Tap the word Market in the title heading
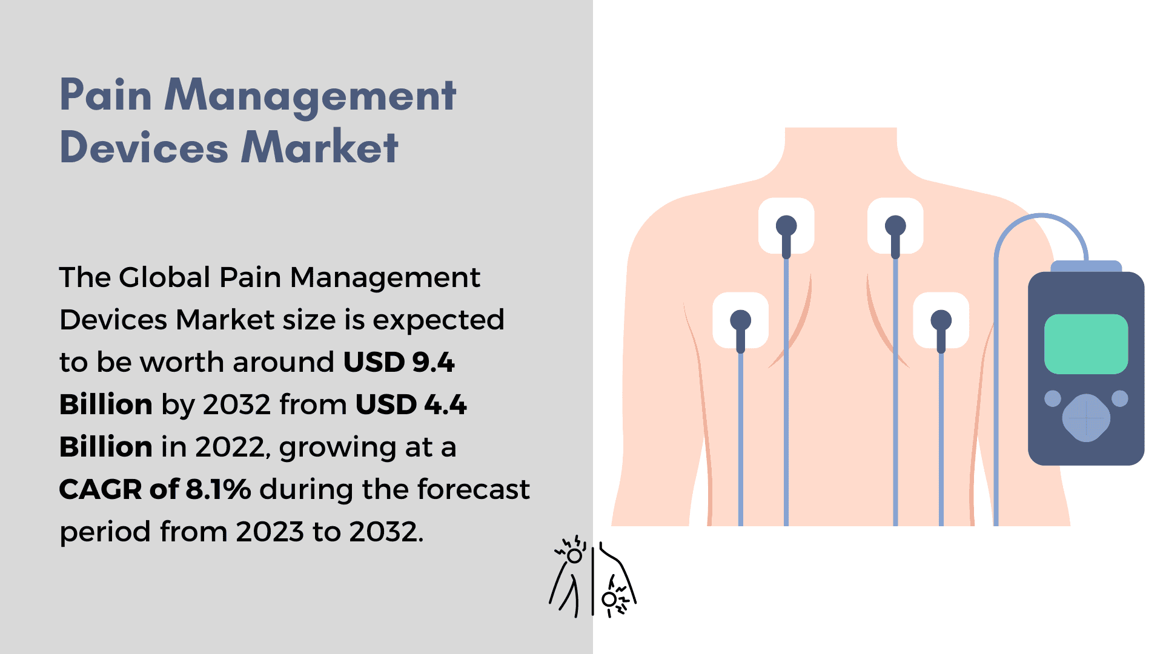320,147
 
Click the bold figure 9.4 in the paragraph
433,362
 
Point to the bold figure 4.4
445,405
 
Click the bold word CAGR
100,489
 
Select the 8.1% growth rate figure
218,489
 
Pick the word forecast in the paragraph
473,489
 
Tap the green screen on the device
1086,343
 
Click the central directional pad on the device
1086,417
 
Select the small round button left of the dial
1053,398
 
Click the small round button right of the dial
1120,398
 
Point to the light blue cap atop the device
1086,267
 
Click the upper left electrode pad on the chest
786,226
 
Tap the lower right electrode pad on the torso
941,320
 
